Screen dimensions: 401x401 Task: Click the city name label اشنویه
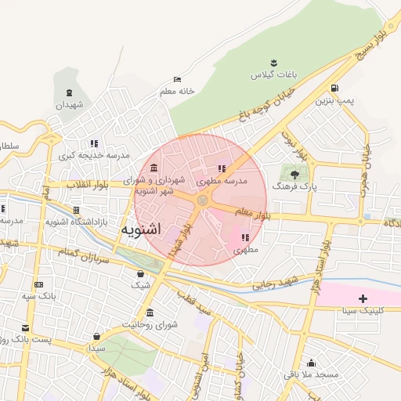(x=142, y=229)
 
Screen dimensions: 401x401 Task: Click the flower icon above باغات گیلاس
(x=274, y=62)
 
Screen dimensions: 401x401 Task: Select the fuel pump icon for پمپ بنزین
(x=335, y=88)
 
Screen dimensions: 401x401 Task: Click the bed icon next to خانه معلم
(x=177, y=79)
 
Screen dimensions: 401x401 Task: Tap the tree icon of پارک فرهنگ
(x=294, y=175)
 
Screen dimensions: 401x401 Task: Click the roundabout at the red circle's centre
(x=202, y=200)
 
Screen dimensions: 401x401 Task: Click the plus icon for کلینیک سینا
(x=363, y=298)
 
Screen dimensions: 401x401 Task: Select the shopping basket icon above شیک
(x=140, y=273)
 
